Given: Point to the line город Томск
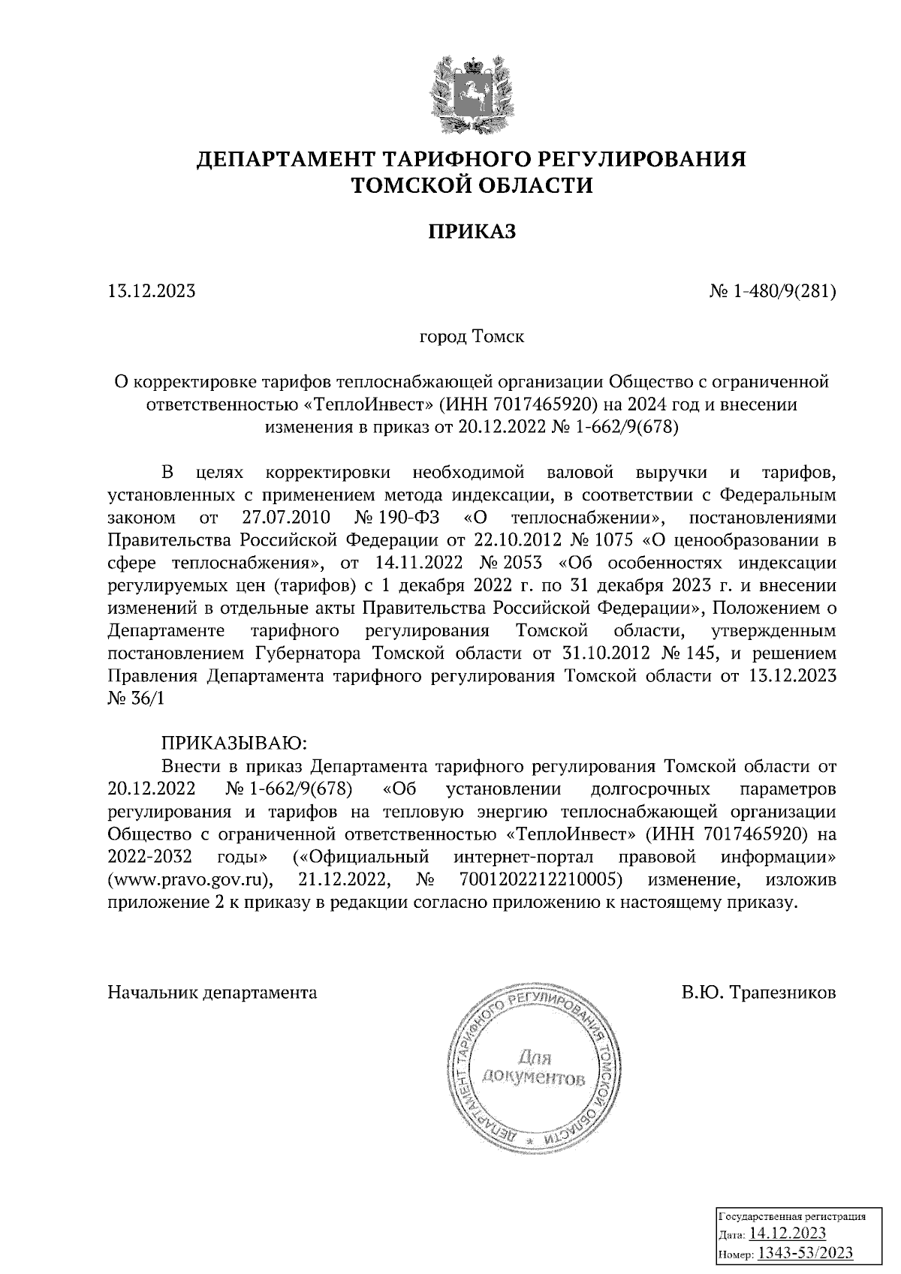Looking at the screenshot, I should tap(472, 336).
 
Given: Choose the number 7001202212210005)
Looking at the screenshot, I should tap(540, 879).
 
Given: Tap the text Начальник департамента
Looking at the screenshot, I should tap(212, 993).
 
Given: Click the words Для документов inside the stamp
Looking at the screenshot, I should tap(532, 1069).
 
